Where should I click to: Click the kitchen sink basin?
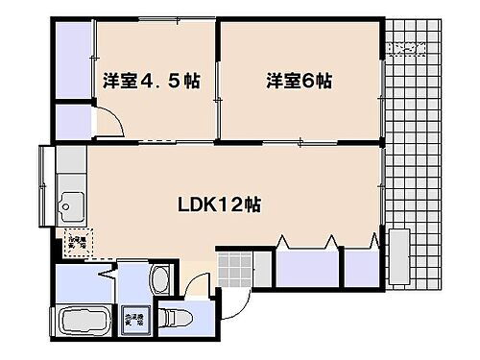point(70,204)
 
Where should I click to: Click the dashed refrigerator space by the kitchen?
point(76,243)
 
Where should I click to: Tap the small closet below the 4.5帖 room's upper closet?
point(72,120)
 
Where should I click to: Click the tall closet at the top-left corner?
point(72,60)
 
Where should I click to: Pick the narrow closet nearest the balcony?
point(360,267)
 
